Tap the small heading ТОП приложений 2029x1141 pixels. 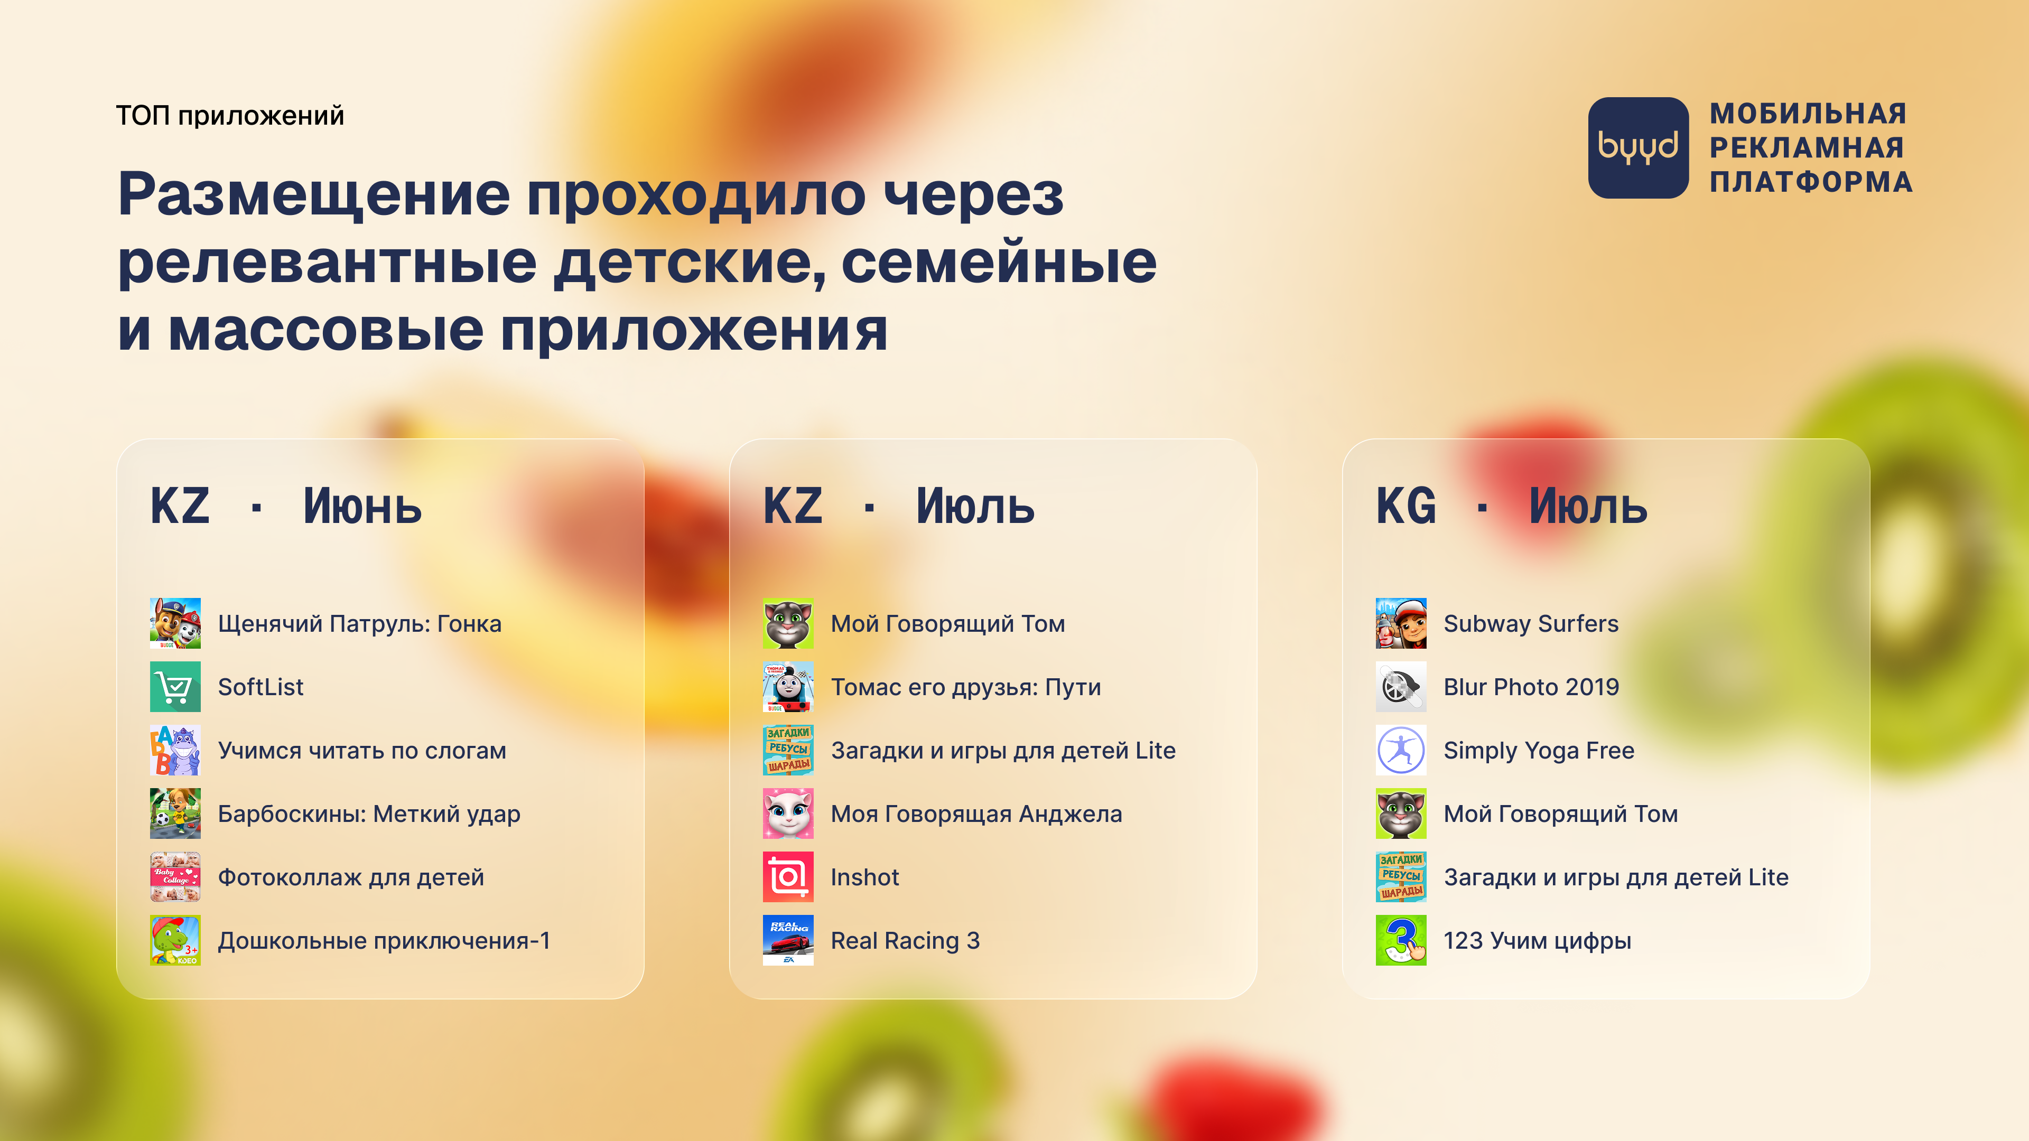tap(230, 116)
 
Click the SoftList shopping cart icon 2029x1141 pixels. tap(175, 687)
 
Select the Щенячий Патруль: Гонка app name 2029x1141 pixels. tap(359, 624)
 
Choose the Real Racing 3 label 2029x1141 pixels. tap(905, 940)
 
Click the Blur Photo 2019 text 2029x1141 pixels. tap(1531, 687)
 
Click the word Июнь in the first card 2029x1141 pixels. tap(362, 507)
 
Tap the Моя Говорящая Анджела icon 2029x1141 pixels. tap(788, 813)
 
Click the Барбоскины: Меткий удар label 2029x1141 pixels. tap(369, 814)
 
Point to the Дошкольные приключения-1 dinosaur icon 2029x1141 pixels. tap(175, 940)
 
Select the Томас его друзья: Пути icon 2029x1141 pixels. tap(788, 687)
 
